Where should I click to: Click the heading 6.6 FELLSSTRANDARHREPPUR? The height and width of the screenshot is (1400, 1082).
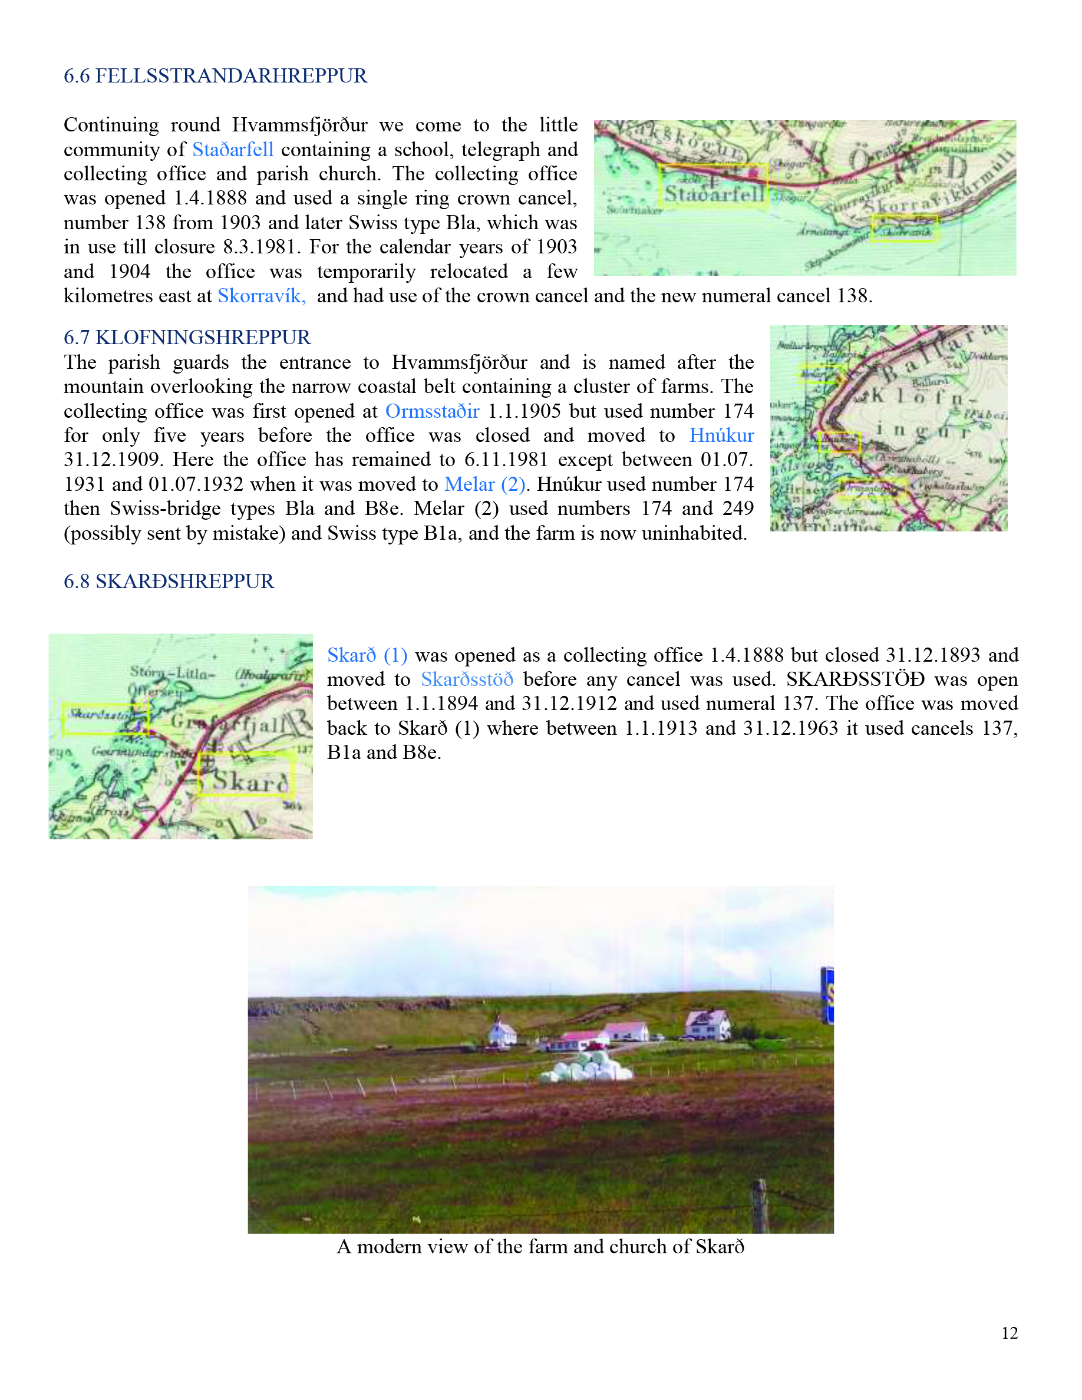(x=215, y=75)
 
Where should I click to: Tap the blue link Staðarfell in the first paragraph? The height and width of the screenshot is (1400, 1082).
(x=233, y=149)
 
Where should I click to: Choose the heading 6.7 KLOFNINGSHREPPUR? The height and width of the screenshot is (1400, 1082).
(x=187, y=337)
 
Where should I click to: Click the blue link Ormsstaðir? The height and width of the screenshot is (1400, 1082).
(x=432, y=411)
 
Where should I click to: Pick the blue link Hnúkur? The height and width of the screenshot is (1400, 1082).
(x=721, y=435)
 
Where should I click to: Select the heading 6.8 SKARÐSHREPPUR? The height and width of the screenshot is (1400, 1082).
(x=169, y=581)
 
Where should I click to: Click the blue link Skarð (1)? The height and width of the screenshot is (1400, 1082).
(x=367, y=655)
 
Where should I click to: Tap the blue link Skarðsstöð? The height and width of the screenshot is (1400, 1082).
(x=467, y=679)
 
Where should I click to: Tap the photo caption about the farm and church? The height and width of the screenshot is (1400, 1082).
(x=540, y=1246)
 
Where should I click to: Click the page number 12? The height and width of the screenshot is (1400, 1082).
(x=1010, y=1333)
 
